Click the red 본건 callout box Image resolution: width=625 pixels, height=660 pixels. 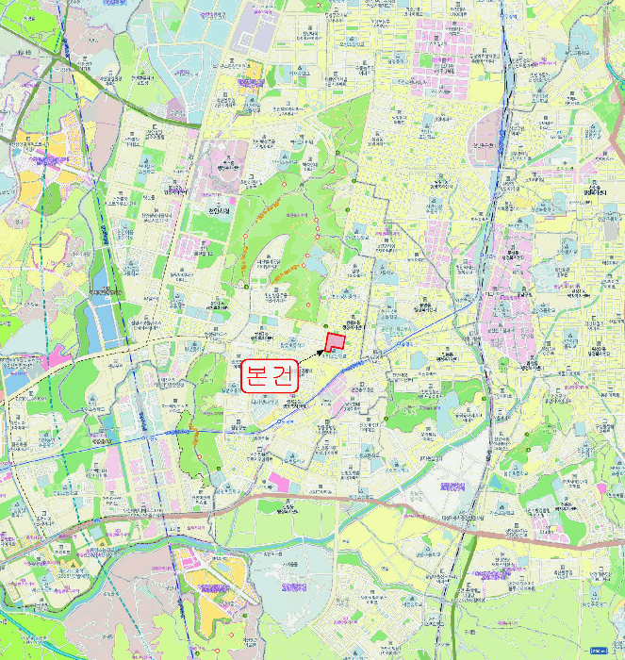270,376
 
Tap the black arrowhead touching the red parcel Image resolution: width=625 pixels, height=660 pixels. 323,351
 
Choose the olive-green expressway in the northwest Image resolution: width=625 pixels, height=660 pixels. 57,57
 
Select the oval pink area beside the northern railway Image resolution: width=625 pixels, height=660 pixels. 489,133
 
